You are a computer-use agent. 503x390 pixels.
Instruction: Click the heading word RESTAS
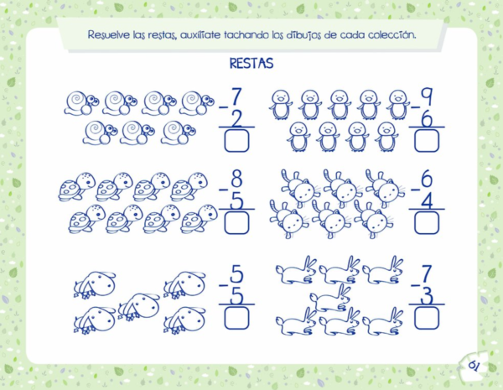[x=251, y=63]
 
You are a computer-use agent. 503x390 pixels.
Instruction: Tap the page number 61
[x=474, y=366]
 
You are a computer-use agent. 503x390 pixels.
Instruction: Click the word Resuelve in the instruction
[x=109, y=34]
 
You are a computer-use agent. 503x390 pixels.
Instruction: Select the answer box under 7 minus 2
[x=236, y=140]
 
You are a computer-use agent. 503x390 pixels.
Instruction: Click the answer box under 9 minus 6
[x=427, y=140]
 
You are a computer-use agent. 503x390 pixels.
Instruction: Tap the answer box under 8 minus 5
[x=236, y=222]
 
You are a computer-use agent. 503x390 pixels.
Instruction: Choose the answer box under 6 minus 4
[x=427, y=222]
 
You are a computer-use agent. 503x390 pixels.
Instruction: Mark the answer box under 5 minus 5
[x=236, y=318]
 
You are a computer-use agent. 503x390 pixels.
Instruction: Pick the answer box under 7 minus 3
[x=427, y=318]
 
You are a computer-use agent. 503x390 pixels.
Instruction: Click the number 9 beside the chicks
[x=427, y=96]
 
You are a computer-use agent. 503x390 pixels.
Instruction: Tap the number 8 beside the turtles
[x=236, y=179]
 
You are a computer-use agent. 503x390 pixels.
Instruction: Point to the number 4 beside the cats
[x=427, y=200]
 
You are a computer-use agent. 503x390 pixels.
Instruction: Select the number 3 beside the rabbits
[x=427, y=295]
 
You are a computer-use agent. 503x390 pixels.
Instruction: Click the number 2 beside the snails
[x=236, y=119]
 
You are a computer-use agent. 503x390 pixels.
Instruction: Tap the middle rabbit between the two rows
[x=330, y=298]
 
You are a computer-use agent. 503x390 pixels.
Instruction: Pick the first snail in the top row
[x=81, y=103]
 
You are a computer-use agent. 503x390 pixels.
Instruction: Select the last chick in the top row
[x=398, y=105]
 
